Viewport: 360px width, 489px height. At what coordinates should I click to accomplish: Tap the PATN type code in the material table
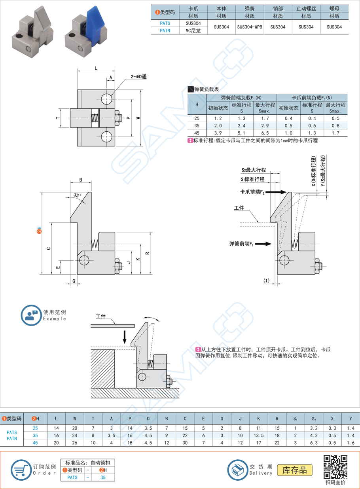[x=165, y=30]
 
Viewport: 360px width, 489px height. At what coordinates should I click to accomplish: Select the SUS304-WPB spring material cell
[x=250, y=27]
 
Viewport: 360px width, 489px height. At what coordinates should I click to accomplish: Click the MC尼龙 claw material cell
[x=193, y=30]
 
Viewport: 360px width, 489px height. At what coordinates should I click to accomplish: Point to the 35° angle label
[x=77, y=195]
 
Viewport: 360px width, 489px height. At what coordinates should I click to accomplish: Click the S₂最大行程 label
[x=254, y=170]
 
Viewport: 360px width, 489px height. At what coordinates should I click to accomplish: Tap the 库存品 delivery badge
[x=295, y=470]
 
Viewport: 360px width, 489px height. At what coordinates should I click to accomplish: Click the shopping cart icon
[x=21, y=470]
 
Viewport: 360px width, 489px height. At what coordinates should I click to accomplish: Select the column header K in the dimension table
[x=258, y=418]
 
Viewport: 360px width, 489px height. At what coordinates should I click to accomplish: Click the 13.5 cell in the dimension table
[x=258, y=436]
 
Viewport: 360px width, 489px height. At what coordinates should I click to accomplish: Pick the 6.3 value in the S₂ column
[x=314, y=443]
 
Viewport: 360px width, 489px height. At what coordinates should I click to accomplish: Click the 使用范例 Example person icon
[x=31, y=315]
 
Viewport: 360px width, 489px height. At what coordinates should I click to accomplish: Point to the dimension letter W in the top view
[x=137, y=118]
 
